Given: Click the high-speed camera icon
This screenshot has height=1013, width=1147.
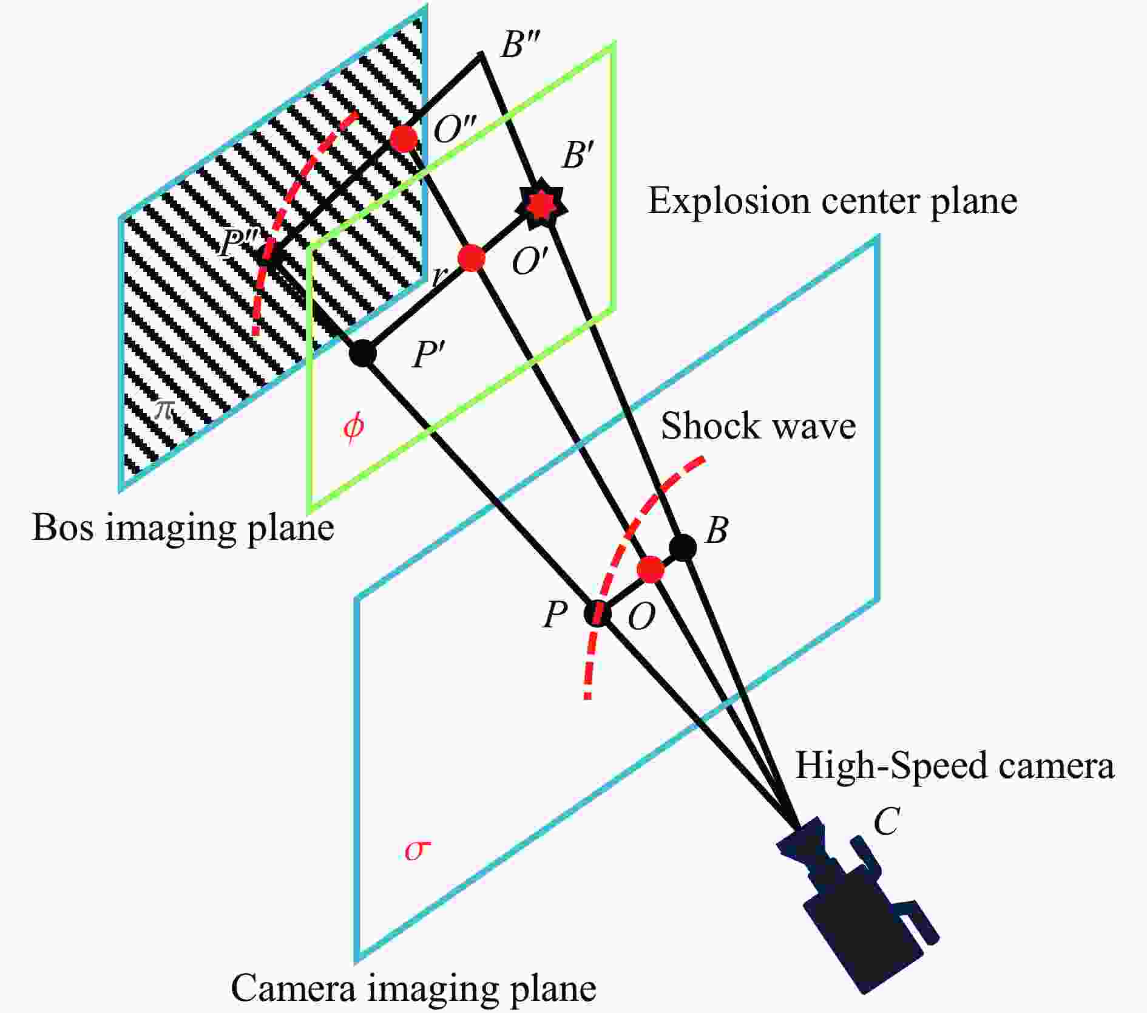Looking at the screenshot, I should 856,899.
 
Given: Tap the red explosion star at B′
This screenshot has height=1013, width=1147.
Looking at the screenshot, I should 540,205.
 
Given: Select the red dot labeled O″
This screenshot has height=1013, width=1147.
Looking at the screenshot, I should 404,138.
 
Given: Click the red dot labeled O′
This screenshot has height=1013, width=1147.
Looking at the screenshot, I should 472,258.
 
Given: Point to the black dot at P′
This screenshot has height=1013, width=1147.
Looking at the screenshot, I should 363,353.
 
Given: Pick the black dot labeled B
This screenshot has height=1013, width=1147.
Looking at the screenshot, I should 683,547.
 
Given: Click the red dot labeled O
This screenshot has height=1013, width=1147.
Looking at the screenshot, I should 651,570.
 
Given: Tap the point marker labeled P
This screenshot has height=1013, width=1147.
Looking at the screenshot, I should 597,613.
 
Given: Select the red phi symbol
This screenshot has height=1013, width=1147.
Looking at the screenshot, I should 353,427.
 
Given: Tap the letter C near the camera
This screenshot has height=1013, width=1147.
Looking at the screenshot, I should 886,822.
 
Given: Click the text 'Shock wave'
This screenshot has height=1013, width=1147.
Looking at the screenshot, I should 758,426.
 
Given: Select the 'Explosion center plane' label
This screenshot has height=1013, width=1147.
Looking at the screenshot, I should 833,200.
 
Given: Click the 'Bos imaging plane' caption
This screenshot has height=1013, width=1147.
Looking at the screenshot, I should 183,527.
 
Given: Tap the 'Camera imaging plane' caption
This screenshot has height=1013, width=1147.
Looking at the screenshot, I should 413,987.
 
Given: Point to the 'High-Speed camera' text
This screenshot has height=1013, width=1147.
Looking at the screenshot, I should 955,765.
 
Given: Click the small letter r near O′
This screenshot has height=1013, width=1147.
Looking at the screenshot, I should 438,277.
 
